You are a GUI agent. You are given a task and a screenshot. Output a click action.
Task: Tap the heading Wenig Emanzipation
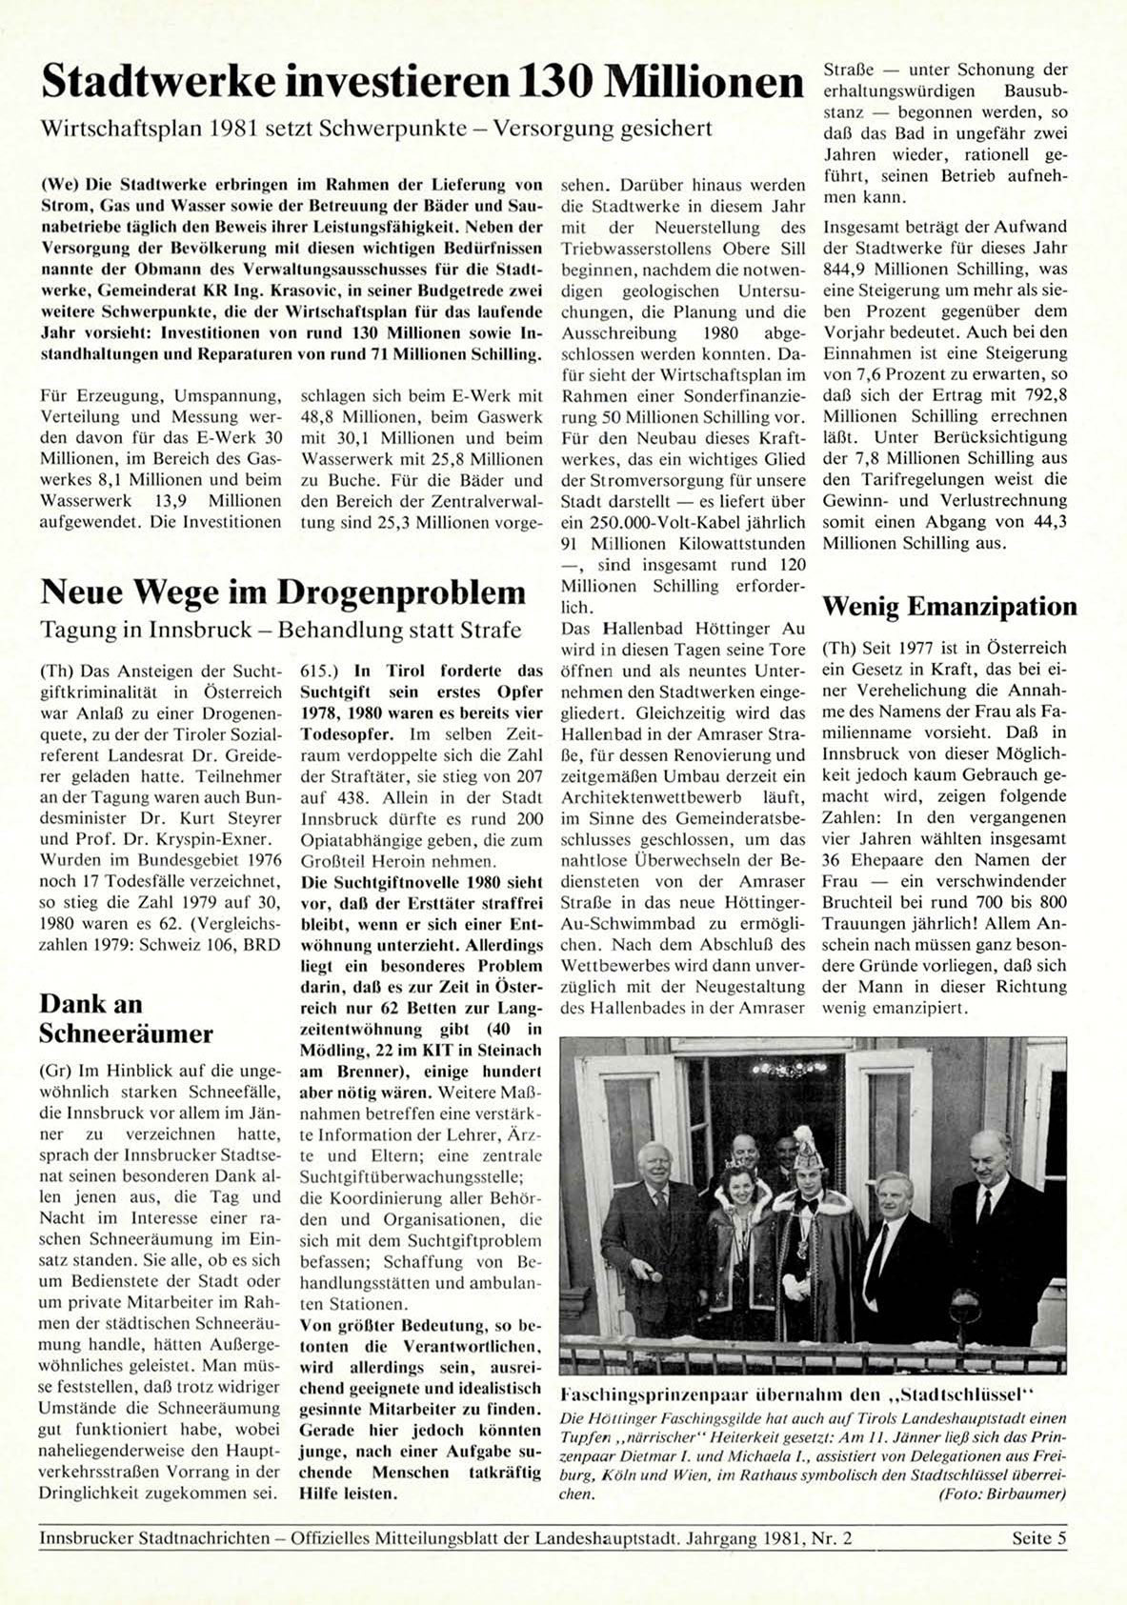[x=949, y=607]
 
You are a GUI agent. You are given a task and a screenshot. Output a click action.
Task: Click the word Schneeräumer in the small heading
[x=126, y=1033]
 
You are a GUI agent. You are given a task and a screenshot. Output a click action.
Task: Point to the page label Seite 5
[x=1038, y=1538]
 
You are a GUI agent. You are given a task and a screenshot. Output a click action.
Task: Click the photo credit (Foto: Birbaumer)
[x=1001, y=1494]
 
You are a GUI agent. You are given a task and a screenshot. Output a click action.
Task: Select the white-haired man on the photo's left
[x=655, y=1167]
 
